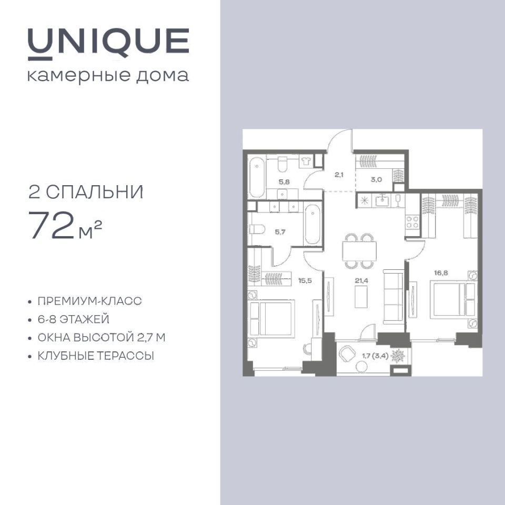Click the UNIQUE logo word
(108, 44)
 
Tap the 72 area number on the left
(52, 225)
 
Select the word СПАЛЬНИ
(95, 193)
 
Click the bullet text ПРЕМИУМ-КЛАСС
(90, 301)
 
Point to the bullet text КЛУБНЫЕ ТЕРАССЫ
(96, 356)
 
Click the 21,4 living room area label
(361, 280)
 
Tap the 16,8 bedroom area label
(441, 273)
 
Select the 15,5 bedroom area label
(305, 280)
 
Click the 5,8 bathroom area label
(284, 182)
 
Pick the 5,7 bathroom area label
(280, 232)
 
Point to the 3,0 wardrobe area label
(376, 179)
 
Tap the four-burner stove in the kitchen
(412, 222)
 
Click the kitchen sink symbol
(382, 200)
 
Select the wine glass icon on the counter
(398, 200)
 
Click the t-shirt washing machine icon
(306, 161)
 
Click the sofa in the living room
(393, 296)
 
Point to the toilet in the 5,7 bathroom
(257, 229)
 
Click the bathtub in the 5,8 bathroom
(257, 177)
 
